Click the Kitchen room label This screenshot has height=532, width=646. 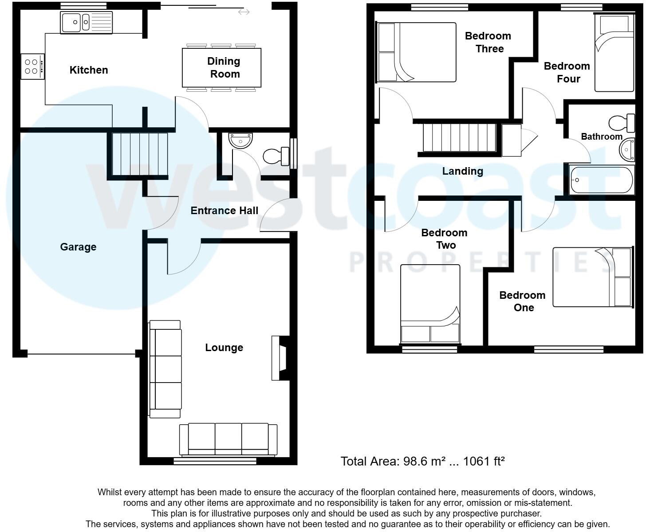click(89, 70)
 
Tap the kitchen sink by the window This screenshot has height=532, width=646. click(87, 22)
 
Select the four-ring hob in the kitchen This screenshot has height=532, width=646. click(32, 66)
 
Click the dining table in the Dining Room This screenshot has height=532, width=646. click(221, 68)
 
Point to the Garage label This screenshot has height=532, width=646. click(78, 247)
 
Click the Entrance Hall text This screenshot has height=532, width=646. click(224, 211)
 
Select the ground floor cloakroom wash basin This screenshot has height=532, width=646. click(241, 140)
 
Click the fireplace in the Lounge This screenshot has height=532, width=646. click(280, 358)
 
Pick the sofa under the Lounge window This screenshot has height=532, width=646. click(228, 439)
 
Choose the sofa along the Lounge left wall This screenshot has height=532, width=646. click(165, 369)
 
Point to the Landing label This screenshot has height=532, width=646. click(462, 171)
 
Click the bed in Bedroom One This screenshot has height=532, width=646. click(592, 277)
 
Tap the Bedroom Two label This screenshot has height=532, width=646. click(444, 239)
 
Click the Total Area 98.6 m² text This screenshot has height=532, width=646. click(422, 462)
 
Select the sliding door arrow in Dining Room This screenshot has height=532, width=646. click(244, 12)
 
